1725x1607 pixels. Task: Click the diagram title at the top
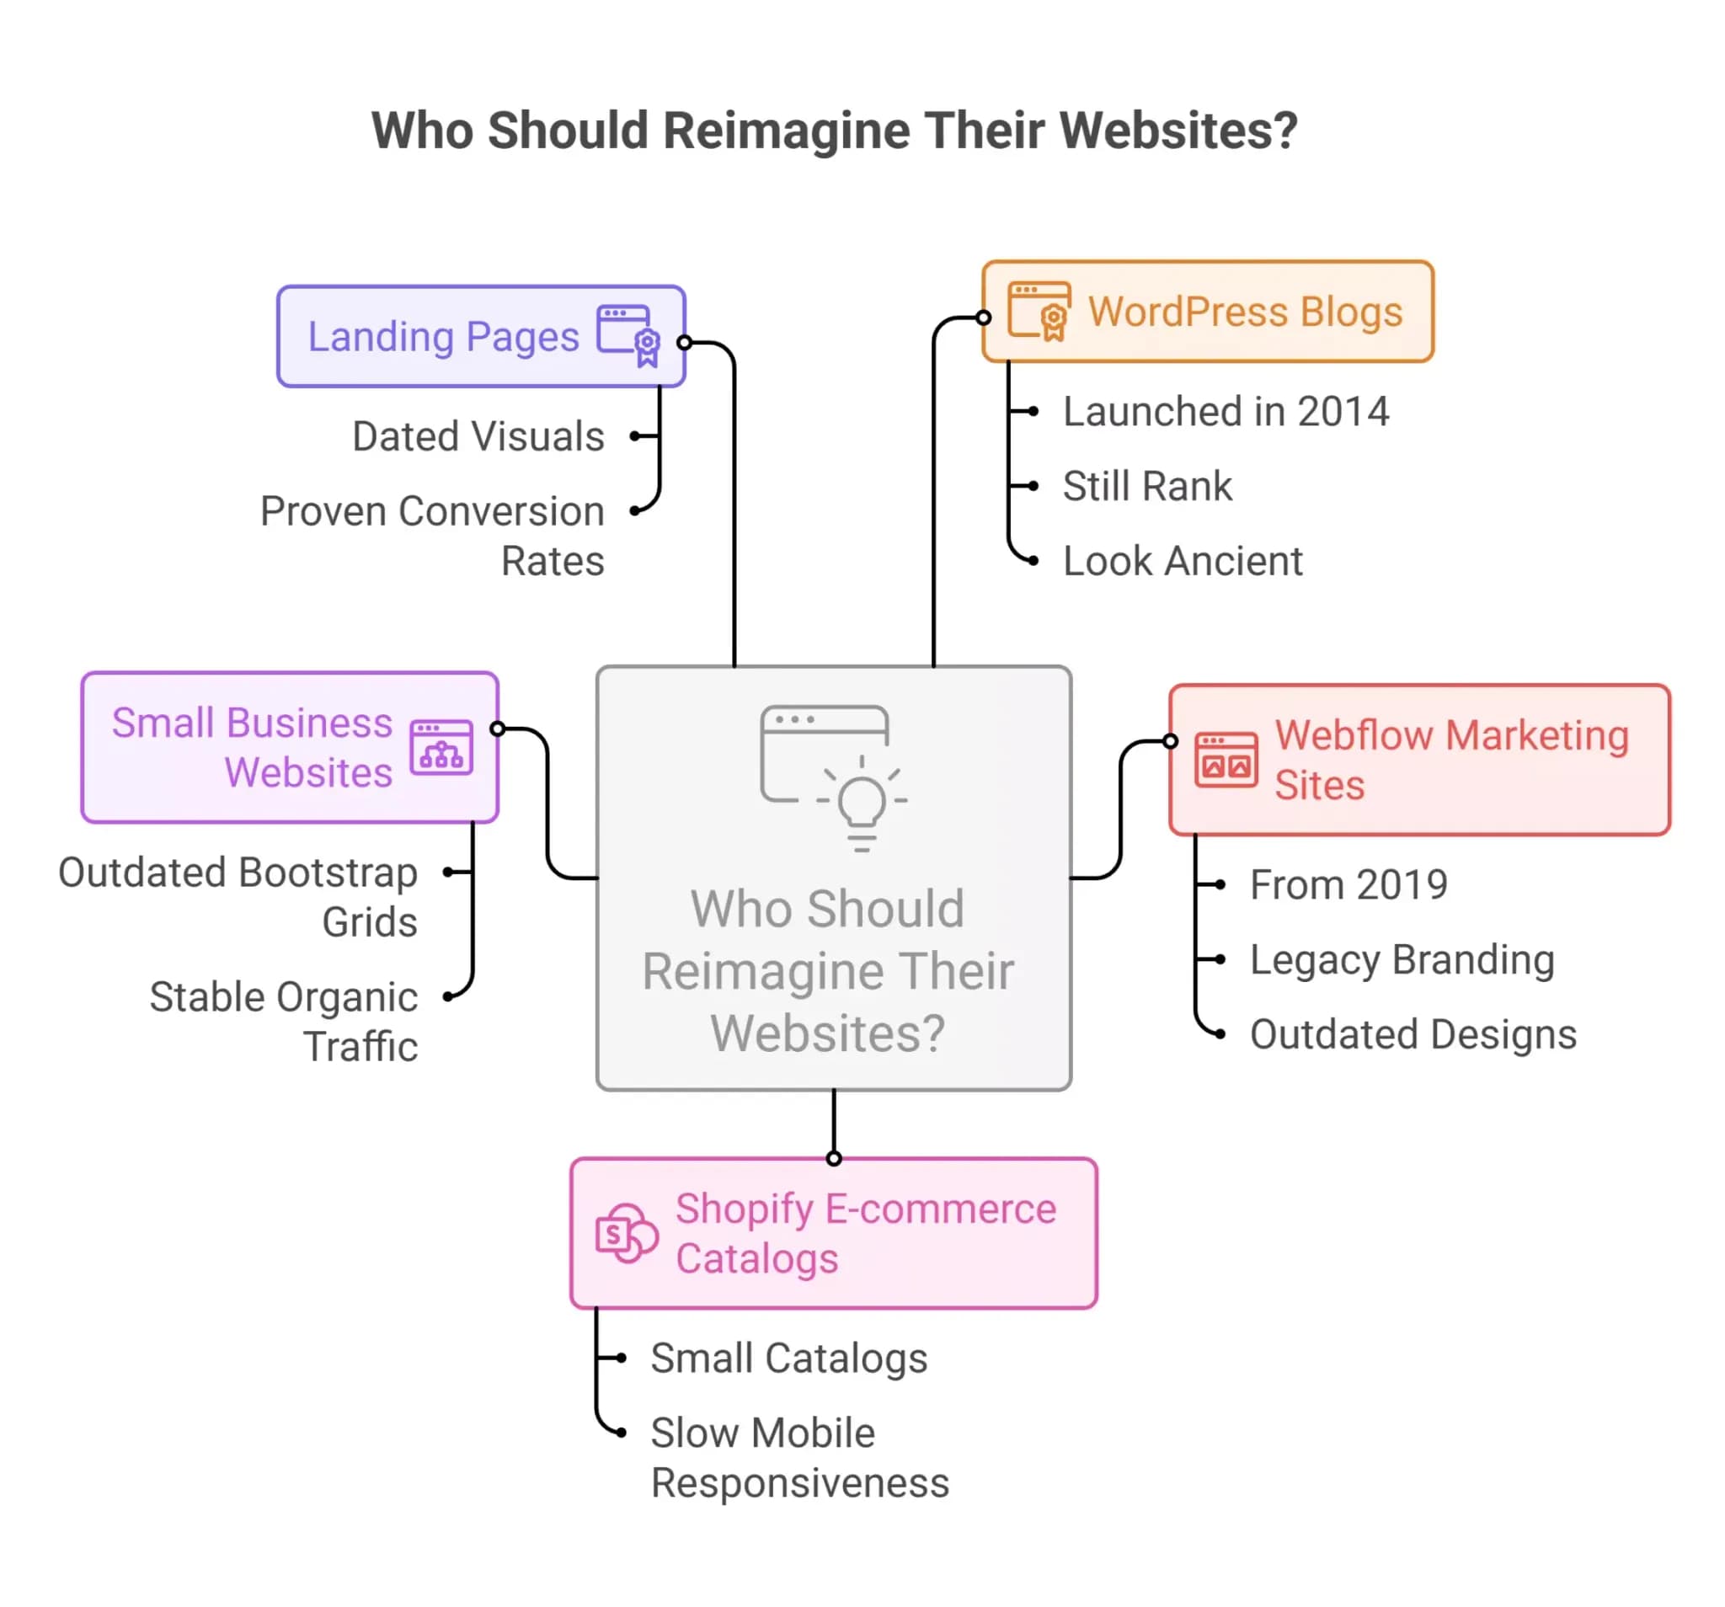click(x=834, y=131)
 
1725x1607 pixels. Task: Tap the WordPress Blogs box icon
click(x=1039, y=311)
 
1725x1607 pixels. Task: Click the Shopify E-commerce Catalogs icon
click(x=627, y=1233)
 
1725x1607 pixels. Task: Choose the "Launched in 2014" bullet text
click(x=1226, y=411)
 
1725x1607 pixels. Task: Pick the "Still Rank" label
click(x=1147, y=486)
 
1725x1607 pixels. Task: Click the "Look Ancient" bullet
click(x=1183, y=562)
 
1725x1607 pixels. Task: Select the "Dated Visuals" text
click(x=478, y=436)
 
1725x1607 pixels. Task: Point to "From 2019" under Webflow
click(x=1348, y=885)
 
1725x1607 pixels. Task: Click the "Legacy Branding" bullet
click(x=1402, y=959)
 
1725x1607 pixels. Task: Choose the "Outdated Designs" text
click(x=1413, y=1034)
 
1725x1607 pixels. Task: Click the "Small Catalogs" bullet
click(x=788, y=1358)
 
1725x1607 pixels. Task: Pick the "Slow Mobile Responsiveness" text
click(x=798, y=1458)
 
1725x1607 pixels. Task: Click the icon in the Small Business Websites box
click(x=441, y=747)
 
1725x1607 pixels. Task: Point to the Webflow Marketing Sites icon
click(x=1226, y=759)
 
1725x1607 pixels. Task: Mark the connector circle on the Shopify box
click(x=834, y=1158)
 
